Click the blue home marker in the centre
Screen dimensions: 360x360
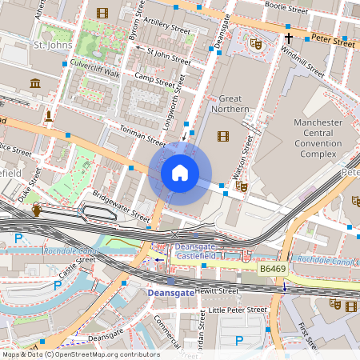180,173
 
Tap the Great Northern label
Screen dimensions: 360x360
230,103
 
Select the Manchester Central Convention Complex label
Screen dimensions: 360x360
318,136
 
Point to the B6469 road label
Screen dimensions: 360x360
273,270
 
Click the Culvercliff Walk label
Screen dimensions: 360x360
94,73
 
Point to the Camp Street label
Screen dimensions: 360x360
154,78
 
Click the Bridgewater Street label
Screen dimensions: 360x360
121,205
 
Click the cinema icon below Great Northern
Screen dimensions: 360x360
222,136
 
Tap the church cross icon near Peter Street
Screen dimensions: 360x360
288,38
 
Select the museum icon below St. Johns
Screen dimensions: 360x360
35,84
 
